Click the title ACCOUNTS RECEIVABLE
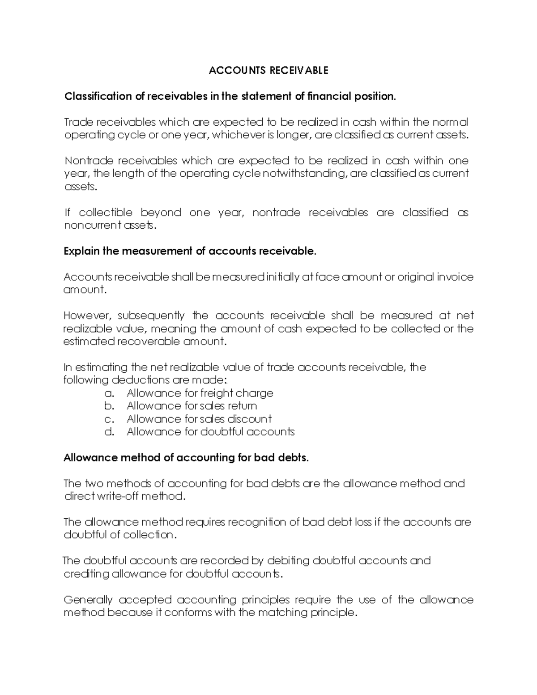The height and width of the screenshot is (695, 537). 268,71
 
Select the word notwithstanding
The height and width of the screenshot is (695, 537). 305,174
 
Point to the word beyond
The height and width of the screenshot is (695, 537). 161,213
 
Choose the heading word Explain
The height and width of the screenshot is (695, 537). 82,252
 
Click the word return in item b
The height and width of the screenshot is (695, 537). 242,406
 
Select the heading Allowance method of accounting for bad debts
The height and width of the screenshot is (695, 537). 186,458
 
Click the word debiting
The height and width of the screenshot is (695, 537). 288,561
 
